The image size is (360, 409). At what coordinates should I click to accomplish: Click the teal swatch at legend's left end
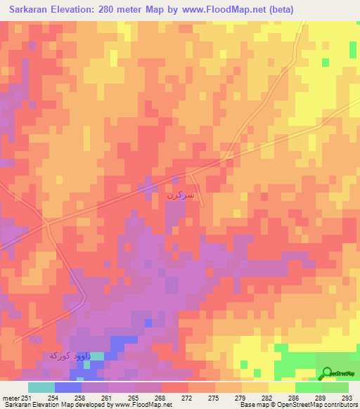click(x=41, y=388)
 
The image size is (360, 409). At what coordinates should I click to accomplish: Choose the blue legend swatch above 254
click(x=67, y=388)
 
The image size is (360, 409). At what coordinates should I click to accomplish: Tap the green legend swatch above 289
click(x=308, y=388)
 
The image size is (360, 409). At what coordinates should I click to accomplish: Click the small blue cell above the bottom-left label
click(x=148, y=323)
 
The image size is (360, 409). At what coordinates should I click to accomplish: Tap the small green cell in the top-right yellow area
click(x=326, y=62)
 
